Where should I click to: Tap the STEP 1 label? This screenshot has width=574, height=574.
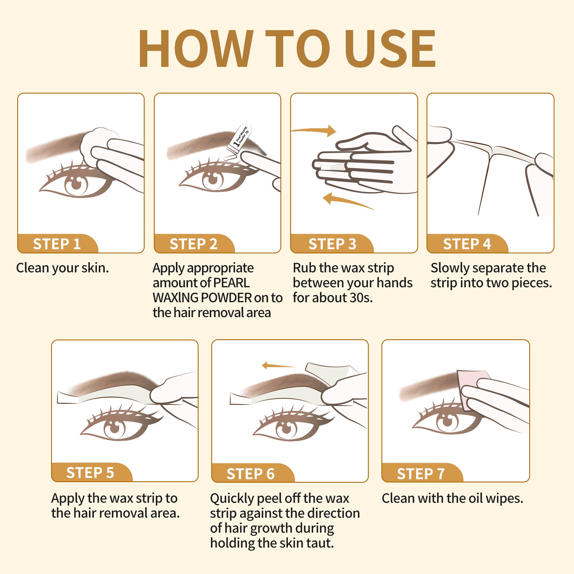[x=57, y=244]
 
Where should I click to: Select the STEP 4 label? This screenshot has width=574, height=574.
[x=467, y=244]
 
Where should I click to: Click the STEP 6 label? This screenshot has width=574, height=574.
[x=251, y=474]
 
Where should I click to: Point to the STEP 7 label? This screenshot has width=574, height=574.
[x=421, y=474]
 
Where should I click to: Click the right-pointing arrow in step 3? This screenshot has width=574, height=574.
[x=313, y=130]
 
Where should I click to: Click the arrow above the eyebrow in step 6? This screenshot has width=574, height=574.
[x=279, y=365]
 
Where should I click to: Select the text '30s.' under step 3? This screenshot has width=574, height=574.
[x=361, y=297]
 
